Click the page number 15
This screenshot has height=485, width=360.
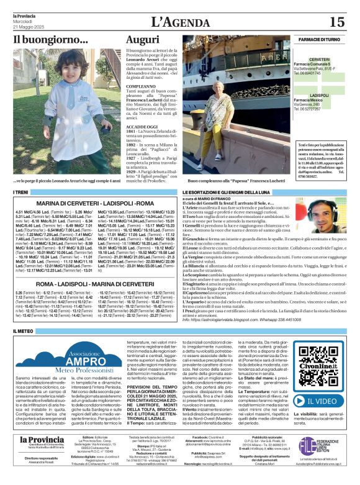[336, 22]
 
